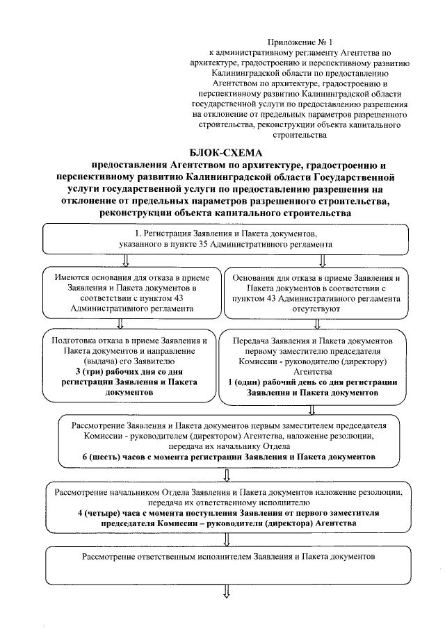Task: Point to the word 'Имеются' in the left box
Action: click(x=72, y=277)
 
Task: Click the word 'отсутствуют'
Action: click(x=316, y=308)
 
